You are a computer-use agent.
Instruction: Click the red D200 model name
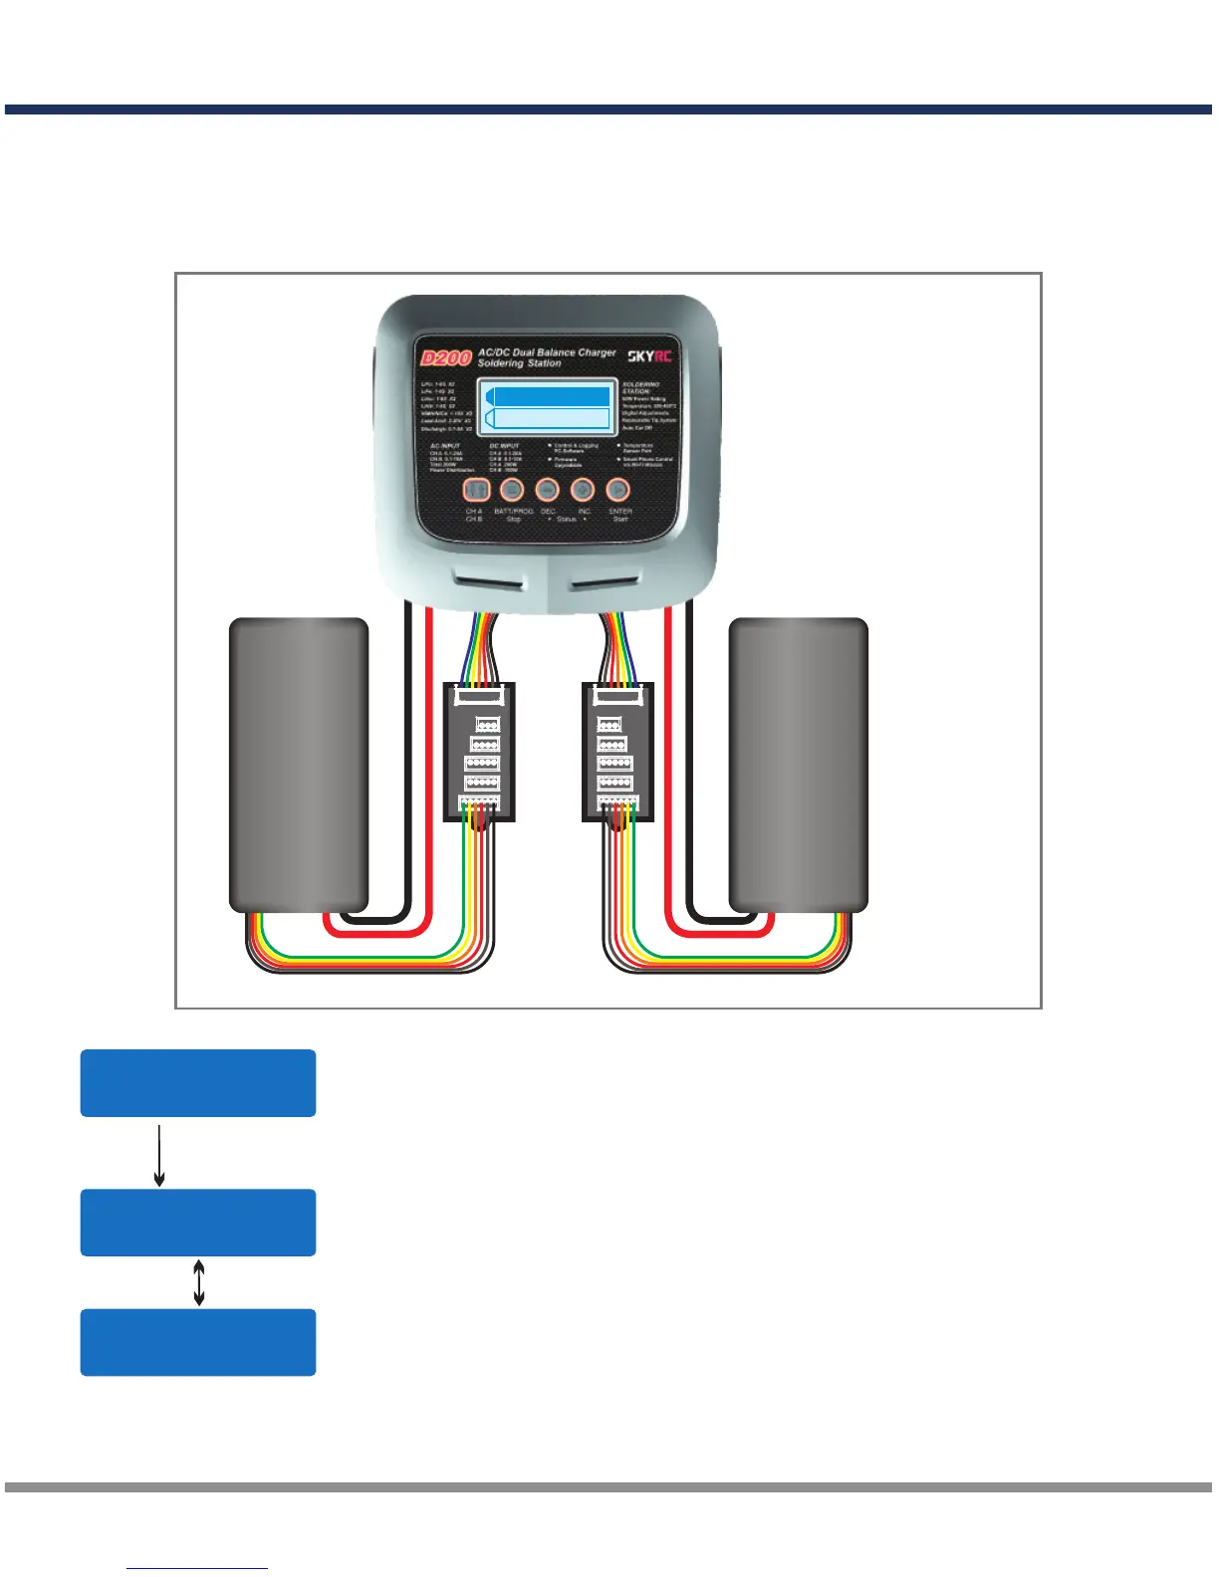coord(445,358)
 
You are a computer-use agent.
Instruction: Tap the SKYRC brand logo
coord(649,355)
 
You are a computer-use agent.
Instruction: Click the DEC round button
coord(547,489)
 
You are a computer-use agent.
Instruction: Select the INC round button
coord(583,489)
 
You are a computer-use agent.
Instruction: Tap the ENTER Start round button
coord(618,489)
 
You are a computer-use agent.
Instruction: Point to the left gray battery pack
coord(299,764)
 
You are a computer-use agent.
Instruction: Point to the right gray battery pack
coord(799,764)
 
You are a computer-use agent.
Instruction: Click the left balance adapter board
coord(479,752)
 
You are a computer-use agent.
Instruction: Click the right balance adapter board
coord(617,752)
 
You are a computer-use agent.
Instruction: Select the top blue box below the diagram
coord(198,1082)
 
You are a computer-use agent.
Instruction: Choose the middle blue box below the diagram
coord(198,1222)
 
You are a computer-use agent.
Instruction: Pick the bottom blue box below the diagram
coord(198,1342)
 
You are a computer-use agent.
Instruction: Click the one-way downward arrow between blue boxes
coord(159,1155)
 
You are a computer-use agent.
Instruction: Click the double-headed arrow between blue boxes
coord(199,1282)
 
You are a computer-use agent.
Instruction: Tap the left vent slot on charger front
coord(489,579)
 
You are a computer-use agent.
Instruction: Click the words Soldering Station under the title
coord(519,364)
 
